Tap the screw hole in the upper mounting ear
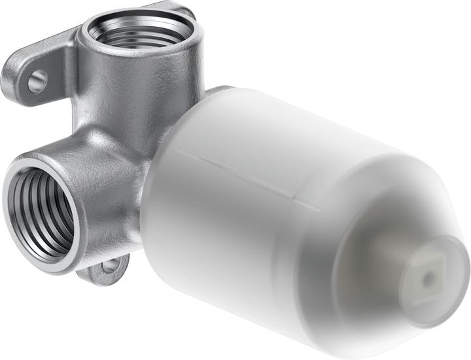point(37,81)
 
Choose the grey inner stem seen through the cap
point(386,262)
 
